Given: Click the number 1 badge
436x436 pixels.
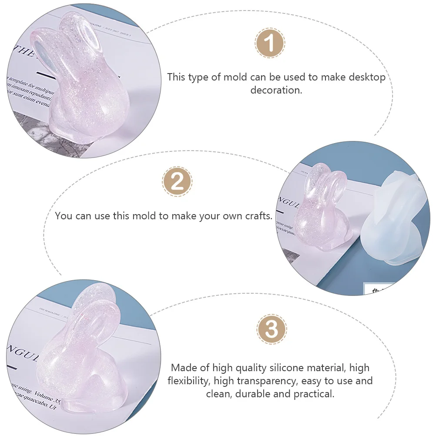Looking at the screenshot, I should [x=270, y=44].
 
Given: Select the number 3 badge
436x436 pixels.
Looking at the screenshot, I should [x=272, y=329].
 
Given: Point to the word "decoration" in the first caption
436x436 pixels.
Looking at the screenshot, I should [x=275, y=91].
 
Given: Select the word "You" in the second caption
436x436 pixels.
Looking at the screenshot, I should [x=64, y=216].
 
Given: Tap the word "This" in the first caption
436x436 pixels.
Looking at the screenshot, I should [x=176, y=77].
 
